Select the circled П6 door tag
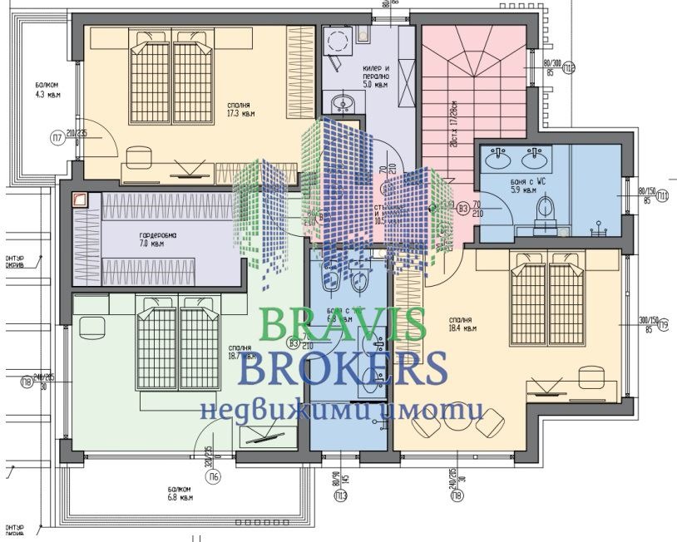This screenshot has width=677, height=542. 214,476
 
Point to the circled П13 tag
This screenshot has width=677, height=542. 340,496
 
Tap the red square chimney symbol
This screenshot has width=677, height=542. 81,200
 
